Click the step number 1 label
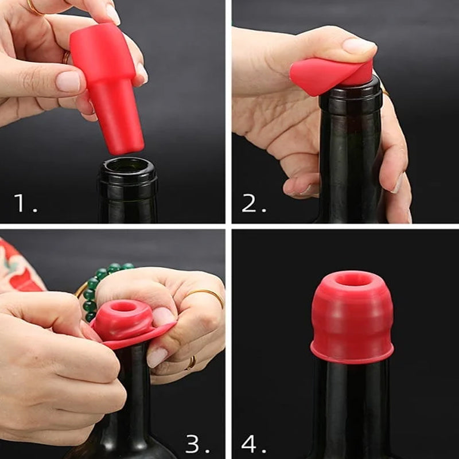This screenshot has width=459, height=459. click(x=25, y=203)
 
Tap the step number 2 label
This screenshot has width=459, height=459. click(x=253, y=203)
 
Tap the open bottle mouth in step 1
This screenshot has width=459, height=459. click(x=127, y=166)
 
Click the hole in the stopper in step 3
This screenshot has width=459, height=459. click(x=123, y=307)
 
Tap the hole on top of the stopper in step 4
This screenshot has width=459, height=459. click(x=352, y=279)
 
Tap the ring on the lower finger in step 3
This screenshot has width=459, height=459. click(x=191, y=362)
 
